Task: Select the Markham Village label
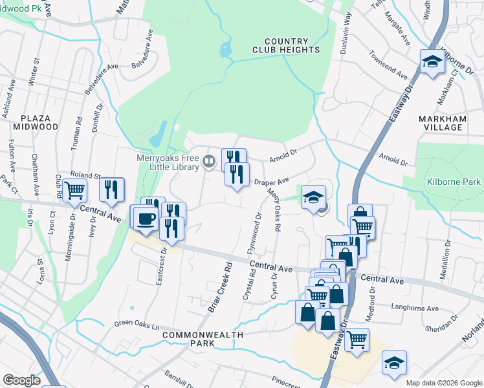click(450, 123)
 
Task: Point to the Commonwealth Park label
click(203, 339)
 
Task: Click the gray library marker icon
click(209, 160)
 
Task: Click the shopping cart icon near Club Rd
click(76, 190)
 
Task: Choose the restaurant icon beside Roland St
click(112, 189)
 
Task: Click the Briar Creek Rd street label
click(219, 288)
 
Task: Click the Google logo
click(21, 380)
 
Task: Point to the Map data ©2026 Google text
click(443, 383)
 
